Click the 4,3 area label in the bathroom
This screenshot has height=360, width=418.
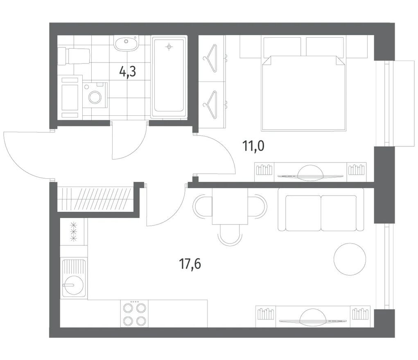(128, 72)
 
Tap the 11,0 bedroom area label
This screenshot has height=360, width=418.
(253, 146)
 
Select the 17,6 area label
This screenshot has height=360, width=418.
(190, 264)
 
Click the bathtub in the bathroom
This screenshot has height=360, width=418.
(169, 77)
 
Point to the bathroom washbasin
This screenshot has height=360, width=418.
(127, 43)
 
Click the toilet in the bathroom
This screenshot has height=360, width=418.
(74, 56)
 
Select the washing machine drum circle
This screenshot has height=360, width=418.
(95, 97)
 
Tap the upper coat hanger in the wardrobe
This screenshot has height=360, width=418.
(210, 59)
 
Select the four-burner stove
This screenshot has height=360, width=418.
(134, 314)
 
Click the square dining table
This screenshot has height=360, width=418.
(230, 206)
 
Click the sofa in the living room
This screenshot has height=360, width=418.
(321, 209)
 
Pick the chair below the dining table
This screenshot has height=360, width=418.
(230, 234)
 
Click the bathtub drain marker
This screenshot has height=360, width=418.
(169, 47)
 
